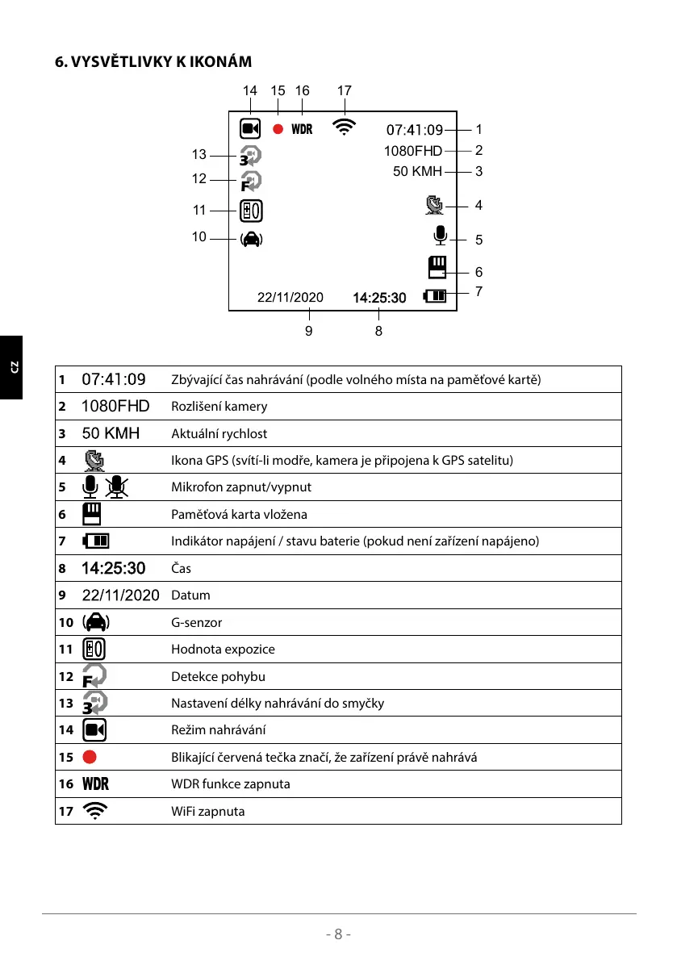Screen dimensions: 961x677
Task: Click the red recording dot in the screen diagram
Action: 278,129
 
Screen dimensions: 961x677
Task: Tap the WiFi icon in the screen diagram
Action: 345,127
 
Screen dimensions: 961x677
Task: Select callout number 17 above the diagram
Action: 345,91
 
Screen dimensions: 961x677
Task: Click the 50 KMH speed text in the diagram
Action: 417,171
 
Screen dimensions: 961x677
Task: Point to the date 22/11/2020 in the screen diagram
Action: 290,298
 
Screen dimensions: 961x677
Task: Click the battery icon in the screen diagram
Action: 435,296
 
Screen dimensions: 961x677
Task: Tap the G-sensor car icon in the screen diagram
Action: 251,239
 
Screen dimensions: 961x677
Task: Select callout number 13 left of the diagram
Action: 199,155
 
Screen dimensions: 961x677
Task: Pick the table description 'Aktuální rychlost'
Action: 219,433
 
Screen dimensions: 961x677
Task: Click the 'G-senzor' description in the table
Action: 196,622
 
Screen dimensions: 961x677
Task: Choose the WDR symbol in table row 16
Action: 95,783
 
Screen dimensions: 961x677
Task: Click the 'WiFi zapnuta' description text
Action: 208,811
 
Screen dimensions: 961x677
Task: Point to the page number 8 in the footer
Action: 339,934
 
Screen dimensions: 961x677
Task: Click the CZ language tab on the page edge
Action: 12,367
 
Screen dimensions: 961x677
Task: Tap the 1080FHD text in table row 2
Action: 115,406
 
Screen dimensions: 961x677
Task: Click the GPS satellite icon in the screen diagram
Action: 434,206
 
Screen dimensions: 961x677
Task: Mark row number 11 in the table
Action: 65,649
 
